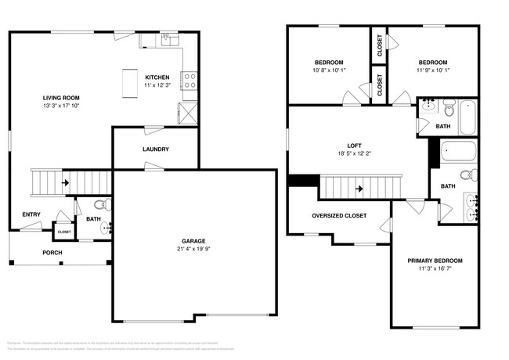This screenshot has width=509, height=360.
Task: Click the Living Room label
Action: tap(62, 98)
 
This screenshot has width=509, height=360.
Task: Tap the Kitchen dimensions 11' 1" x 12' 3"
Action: tap(157, 85)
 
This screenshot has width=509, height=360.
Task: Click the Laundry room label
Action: tap(155, 149)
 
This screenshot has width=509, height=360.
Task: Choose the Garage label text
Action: tap(194, 242)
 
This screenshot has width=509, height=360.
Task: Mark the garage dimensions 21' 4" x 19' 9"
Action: tap(194, 250)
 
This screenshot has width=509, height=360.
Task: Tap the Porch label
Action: tap(52, 253)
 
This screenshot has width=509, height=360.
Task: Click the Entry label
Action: tap(31, 214)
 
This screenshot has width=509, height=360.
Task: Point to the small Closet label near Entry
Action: tap(64, 232)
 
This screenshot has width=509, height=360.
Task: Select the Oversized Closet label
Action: tap(338, 216)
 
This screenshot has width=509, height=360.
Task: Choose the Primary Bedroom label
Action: tap(435, 261)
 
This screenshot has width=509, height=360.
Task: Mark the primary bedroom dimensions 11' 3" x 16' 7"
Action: tap(435, 268)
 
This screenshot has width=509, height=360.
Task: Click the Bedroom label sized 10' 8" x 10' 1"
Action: tap(329, 62)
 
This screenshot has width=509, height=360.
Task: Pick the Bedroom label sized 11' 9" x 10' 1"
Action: tap(432, 62)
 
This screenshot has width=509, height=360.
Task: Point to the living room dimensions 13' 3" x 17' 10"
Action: tap(62, 105)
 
